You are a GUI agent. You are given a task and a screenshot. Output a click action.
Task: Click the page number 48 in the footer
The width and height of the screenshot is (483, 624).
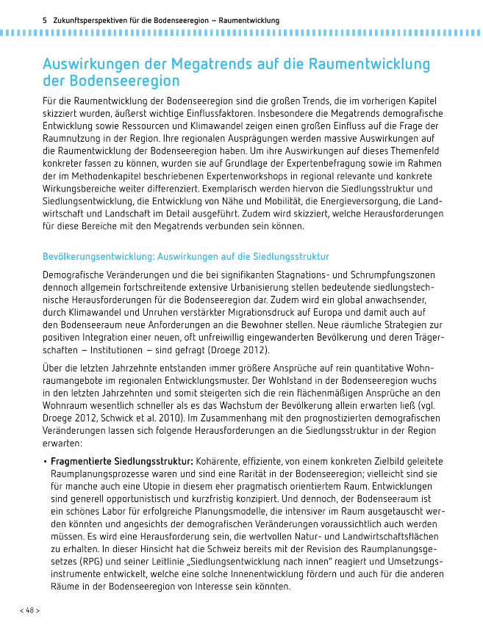pyautogui.click(x=29, y=610)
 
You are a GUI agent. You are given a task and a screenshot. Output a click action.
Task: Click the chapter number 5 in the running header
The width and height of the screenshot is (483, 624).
pyautogui.click(x=46, y=20)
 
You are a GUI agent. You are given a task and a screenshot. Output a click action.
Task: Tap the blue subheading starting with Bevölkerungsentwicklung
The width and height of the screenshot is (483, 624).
pyautogui.click(x=186, y=256)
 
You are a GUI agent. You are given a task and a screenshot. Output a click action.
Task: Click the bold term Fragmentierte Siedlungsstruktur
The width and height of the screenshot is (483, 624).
pyautogui.click(x=121, y=460)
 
